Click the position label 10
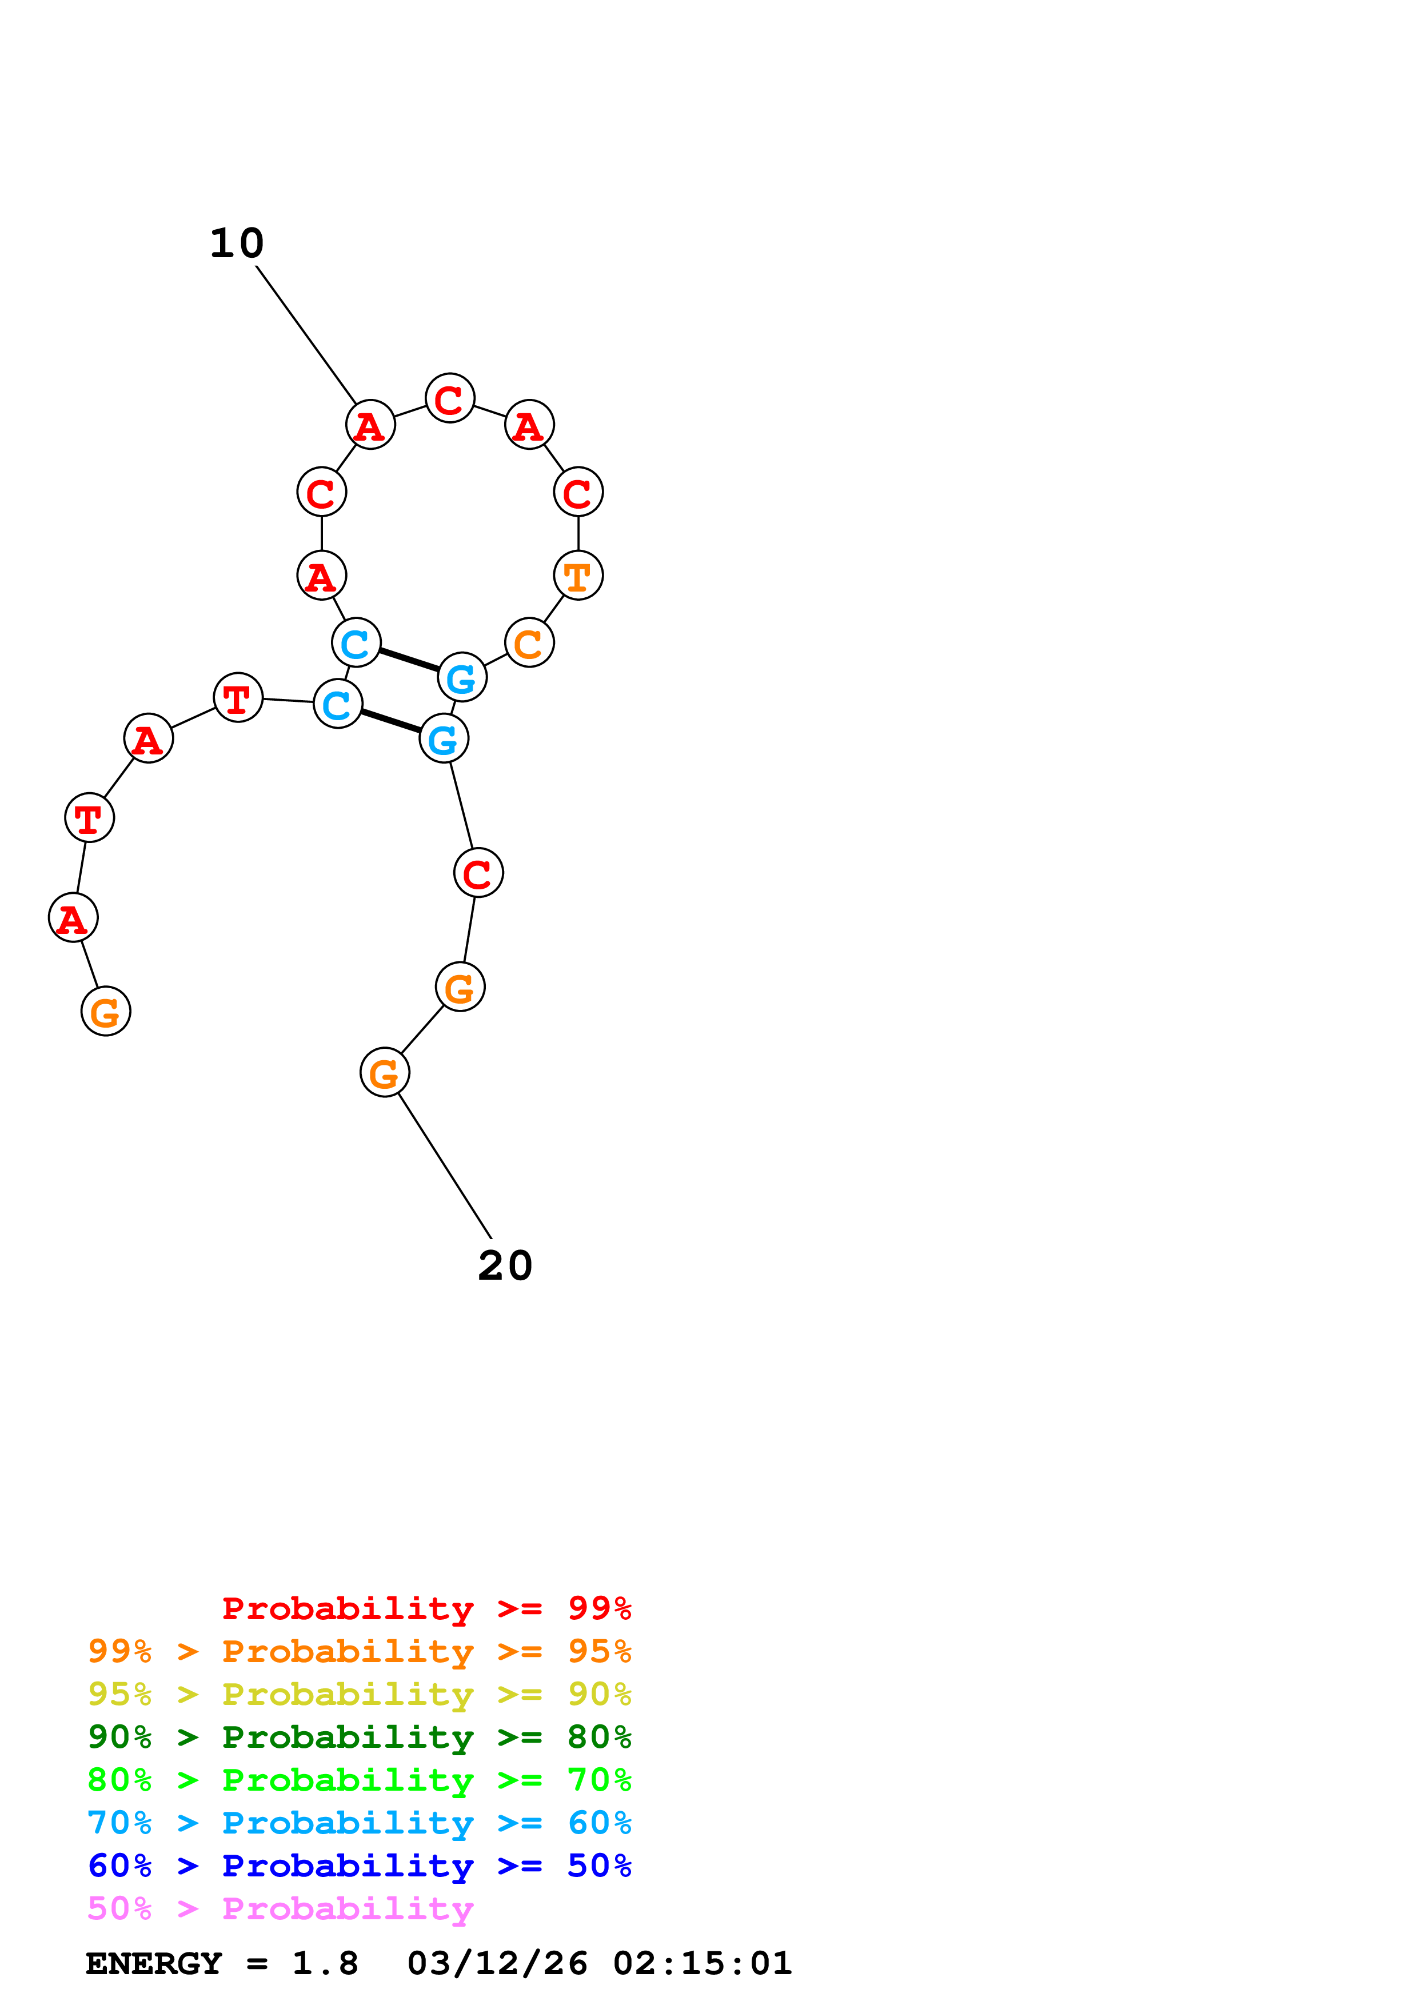237,243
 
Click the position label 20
505,1265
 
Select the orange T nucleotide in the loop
578,576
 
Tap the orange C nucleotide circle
529,643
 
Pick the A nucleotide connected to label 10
370,425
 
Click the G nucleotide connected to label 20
384,1072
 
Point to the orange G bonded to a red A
106,1011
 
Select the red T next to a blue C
237,698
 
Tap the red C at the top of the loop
450,398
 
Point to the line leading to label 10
306,334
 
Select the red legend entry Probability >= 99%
426,1608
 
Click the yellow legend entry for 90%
359,1694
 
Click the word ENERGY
154,1963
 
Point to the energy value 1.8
325,1963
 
